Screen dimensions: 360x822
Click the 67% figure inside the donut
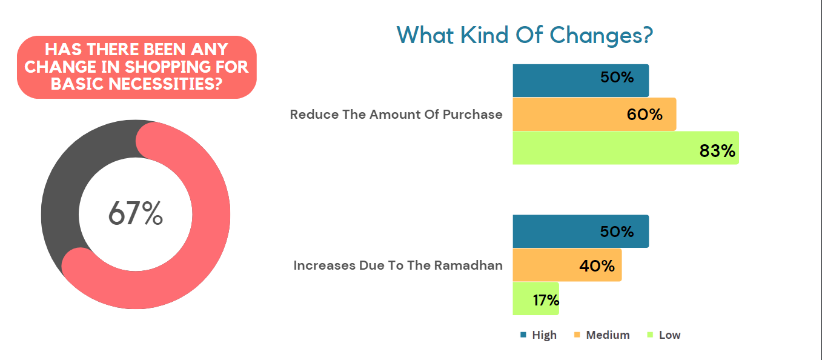[x=136, y=213]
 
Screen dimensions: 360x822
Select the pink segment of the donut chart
[x=206, y=242]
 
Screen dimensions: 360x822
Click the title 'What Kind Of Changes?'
[x=525, y=35]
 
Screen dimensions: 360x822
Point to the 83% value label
[x=717, y=151]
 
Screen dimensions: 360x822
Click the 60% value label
[x=645, y=115]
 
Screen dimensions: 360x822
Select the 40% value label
[x=597, y=265]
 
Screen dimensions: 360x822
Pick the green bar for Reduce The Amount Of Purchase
[x=606, y=148]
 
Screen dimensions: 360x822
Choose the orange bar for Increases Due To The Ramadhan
[x=545, y=265]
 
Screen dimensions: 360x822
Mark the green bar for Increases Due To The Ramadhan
[x=521, y=299]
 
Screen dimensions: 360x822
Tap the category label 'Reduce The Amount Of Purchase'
[x=396, y=115]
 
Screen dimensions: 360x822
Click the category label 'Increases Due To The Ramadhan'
[x=398, y=265]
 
